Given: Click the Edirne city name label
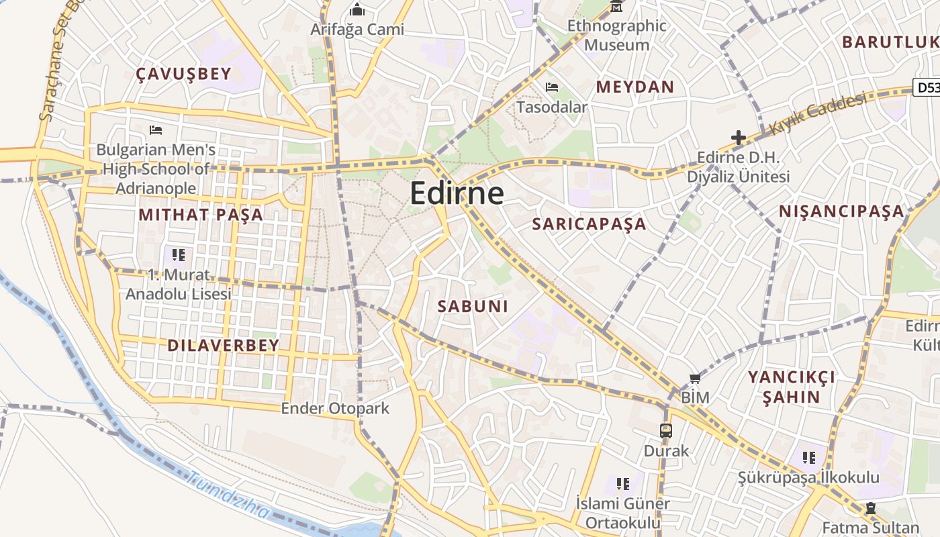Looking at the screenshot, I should tap(457, 193).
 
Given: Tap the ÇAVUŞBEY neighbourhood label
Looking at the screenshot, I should tap(183, 74).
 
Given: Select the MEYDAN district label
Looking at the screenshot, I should tap(634, 87).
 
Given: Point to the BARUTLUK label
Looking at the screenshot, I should tap(890, 42).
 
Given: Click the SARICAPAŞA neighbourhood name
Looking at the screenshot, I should tap(589, 224).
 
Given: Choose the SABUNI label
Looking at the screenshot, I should tap(473, 306).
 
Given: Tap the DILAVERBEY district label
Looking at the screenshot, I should tap(223, 346).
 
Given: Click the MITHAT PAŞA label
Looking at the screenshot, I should tap(201, 215).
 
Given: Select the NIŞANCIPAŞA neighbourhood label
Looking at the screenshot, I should tap(841, 211).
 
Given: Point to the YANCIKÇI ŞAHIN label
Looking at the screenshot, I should tap(792, 387).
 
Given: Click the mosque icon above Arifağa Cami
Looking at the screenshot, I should tap(357, 10).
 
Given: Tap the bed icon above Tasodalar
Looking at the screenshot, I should tap(552, 87).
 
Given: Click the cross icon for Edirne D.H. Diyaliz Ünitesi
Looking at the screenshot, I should tap(739, 138).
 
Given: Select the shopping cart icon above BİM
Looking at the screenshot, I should tap(695, 379).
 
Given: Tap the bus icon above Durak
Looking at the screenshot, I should tap(666, 431).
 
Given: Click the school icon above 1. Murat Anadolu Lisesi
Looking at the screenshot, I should tap(178, 254).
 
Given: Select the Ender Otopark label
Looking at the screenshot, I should tap(334, 408).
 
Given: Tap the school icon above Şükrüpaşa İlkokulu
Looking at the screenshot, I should tap(808, 458).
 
